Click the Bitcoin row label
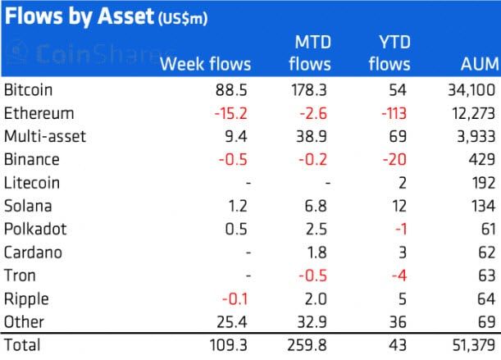(28, 89)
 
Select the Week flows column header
(206, 64)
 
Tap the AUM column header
(480, 64)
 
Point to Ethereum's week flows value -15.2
(230, 113)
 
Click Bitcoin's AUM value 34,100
(471, 89)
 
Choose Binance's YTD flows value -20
(394, 159)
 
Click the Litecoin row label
(32, 183)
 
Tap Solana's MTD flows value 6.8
(316, 206)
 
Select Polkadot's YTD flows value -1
(401, 229)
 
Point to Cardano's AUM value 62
(486, 253)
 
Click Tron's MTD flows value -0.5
(312, 276)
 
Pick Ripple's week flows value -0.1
(235, 299)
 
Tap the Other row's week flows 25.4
(232, 322)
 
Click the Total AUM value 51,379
(473, 345)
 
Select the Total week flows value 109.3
(228, 345)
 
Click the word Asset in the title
(126, 16)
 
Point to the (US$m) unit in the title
(183, 18)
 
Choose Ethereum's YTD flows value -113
(394, 113)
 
